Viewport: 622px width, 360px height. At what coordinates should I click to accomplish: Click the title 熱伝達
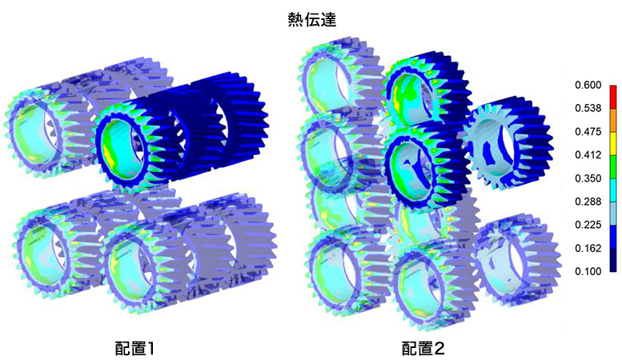point(311,20)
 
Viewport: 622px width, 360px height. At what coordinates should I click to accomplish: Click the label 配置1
point(134,349)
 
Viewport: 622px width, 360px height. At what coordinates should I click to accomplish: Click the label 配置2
point(423,349)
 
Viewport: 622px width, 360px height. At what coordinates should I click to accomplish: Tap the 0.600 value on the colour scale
point(588,85)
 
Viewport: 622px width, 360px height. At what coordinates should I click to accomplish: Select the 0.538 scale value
point(588,108)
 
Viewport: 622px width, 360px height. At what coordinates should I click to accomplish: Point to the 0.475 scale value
point(588,132)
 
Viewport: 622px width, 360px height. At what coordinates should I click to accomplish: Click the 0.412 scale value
point(588,155)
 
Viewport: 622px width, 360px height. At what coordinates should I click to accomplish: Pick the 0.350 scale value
point(588,178)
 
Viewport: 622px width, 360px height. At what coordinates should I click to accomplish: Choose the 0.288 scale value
point(588,202)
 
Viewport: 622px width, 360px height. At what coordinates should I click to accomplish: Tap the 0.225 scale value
point(588,225)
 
